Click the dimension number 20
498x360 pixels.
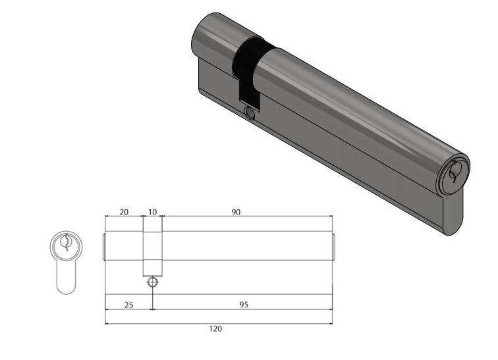click(x=124, y=212)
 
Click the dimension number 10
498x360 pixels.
click(x=152, y=212)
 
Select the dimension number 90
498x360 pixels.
click(x=236, y=212)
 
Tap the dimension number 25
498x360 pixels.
click(x=128, y=305)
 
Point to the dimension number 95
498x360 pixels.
click(x=244, y=305)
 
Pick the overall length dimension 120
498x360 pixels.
click(x=215, y=328)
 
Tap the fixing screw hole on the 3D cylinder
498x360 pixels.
click(x=250, y=113)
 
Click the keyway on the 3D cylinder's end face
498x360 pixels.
click(x=453, y=173)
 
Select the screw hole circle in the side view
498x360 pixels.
click(x=152, y=281)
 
